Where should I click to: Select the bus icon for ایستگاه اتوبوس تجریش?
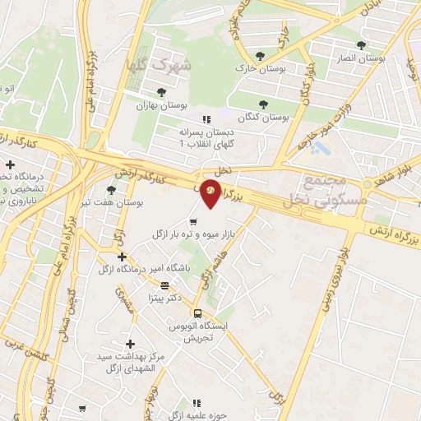point(197,312)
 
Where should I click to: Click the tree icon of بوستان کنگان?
point(263,104)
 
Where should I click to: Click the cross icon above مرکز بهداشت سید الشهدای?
point(129,343)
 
